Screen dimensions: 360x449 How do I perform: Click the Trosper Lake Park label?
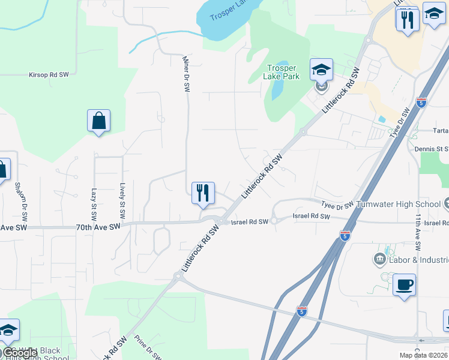pos(282,73)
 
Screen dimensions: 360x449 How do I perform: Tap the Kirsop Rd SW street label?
pos(49,75)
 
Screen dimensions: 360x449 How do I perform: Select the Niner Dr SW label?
pos(187,74)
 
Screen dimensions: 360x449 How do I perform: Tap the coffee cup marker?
pos(405,284)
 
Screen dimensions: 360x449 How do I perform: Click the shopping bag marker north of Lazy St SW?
pos(98,121)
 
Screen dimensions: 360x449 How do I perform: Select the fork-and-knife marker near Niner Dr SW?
pos(203,193)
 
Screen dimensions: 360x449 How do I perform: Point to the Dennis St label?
pos(432,148)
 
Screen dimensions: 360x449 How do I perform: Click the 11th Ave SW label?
pos(418,235)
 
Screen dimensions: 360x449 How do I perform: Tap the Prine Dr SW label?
pos(148,347)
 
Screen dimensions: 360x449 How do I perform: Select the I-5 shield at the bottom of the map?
pos(302,311)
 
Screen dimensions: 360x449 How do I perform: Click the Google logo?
pos(20,353)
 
